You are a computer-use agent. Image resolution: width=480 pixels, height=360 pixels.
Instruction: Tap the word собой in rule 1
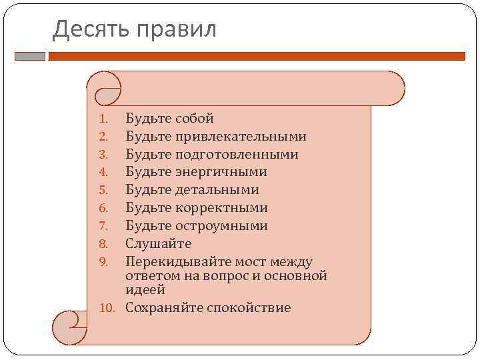194,119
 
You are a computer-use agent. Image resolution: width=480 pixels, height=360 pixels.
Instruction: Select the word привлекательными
241,137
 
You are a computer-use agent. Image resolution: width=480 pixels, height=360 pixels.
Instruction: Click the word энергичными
221,172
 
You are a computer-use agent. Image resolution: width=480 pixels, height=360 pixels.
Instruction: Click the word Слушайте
159,244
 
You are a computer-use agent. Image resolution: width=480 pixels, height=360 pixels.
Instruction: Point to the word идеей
145,291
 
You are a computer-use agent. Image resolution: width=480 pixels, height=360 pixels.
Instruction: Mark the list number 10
109,309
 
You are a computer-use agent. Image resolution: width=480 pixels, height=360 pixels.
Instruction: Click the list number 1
103,119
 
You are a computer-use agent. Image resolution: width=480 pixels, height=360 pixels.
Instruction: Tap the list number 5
103,191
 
